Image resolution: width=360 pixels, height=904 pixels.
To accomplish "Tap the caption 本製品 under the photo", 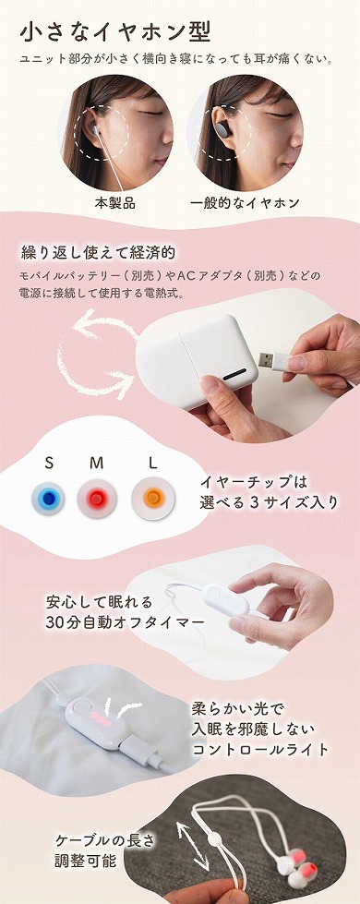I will tap(115, 202).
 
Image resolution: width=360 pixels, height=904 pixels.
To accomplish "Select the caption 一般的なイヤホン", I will tap(245, 202).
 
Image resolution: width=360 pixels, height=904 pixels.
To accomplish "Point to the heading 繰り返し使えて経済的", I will tap(98, 252).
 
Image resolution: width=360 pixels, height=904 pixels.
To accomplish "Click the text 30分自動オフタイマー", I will tap(125, 622).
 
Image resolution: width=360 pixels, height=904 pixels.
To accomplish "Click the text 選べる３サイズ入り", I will tap(269, 503).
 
